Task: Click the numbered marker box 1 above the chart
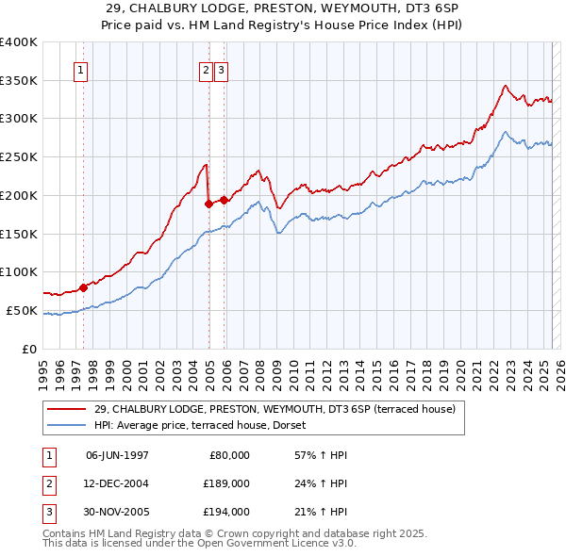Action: click(x=80, y=70)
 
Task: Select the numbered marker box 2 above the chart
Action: click(x=206, y=70)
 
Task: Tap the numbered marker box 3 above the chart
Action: click(x=221, y=70)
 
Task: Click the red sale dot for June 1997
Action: click(x=83, y=287)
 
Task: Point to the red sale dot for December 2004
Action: click(x=208, y=202)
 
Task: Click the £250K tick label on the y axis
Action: click(x=19, y=156)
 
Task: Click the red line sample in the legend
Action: click(x=67, y=409)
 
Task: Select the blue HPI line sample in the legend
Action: click(x=67, y=425)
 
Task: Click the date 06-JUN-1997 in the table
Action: click(x=117, y=455)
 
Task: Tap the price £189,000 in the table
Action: click(x=226, y=483)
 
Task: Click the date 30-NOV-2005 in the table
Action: click(x=118, y=512)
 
